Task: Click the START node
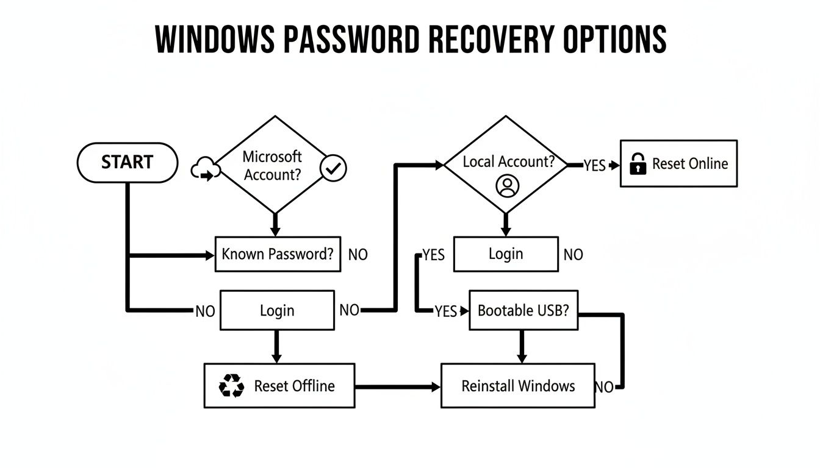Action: [x=127, y=162]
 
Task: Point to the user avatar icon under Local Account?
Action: [x=506, y=186]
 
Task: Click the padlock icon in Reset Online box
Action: [x=638, y=164]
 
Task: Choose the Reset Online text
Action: [x=689, y=163]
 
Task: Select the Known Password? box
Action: [x=278, y=254]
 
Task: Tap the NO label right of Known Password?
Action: [x=358, y=255]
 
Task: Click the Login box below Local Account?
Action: [x=506, y=254]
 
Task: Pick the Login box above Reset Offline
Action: [x=277, y=310]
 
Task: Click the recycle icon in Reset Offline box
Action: [x=231, y=386]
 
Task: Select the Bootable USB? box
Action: [x=523, y=310]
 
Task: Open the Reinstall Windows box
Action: [x=517, y=386]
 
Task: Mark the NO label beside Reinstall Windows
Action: [x=604, y=387]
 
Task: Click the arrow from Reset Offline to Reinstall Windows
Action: [x=397, y=386]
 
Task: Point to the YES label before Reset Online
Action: [x=594, y=166]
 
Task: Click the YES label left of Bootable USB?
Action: [x=445, y=311]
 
